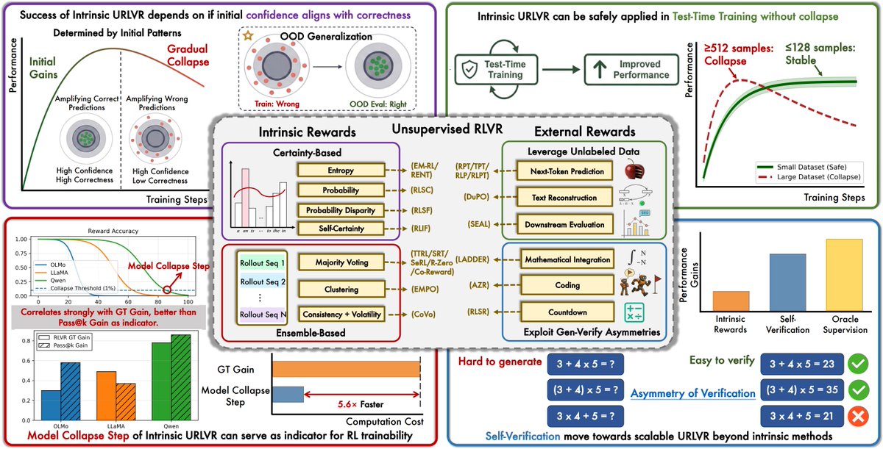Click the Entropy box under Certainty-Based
341,170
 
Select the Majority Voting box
341,262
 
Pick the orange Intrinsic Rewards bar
731,301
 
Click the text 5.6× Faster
360,403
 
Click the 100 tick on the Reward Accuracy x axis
188,302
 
